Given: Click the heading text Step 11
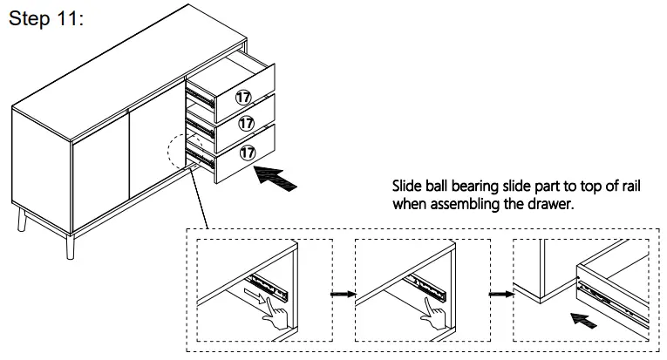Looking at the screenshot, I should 45,20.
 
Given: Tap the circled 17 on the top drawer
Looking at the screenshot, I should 243,97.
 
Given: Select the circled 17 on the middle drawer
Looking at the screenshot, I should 246,123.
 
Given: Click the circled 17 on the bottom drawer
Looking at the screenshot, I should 248,151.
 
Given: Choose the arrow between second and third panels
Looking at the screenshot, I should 497,294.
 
